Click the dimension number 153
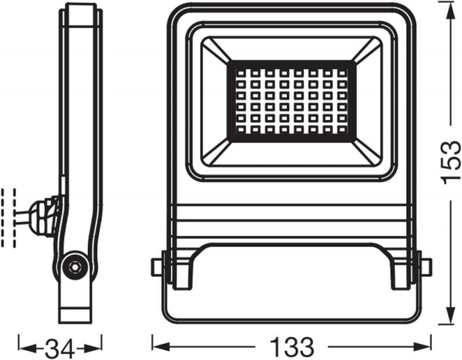click(x=451, y=161)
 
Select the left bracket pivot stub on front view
click(x=157, y=267)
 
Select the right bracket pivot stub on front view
click(x=426, y=267)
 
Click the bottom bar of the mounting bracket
click(x=291, y=313)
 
